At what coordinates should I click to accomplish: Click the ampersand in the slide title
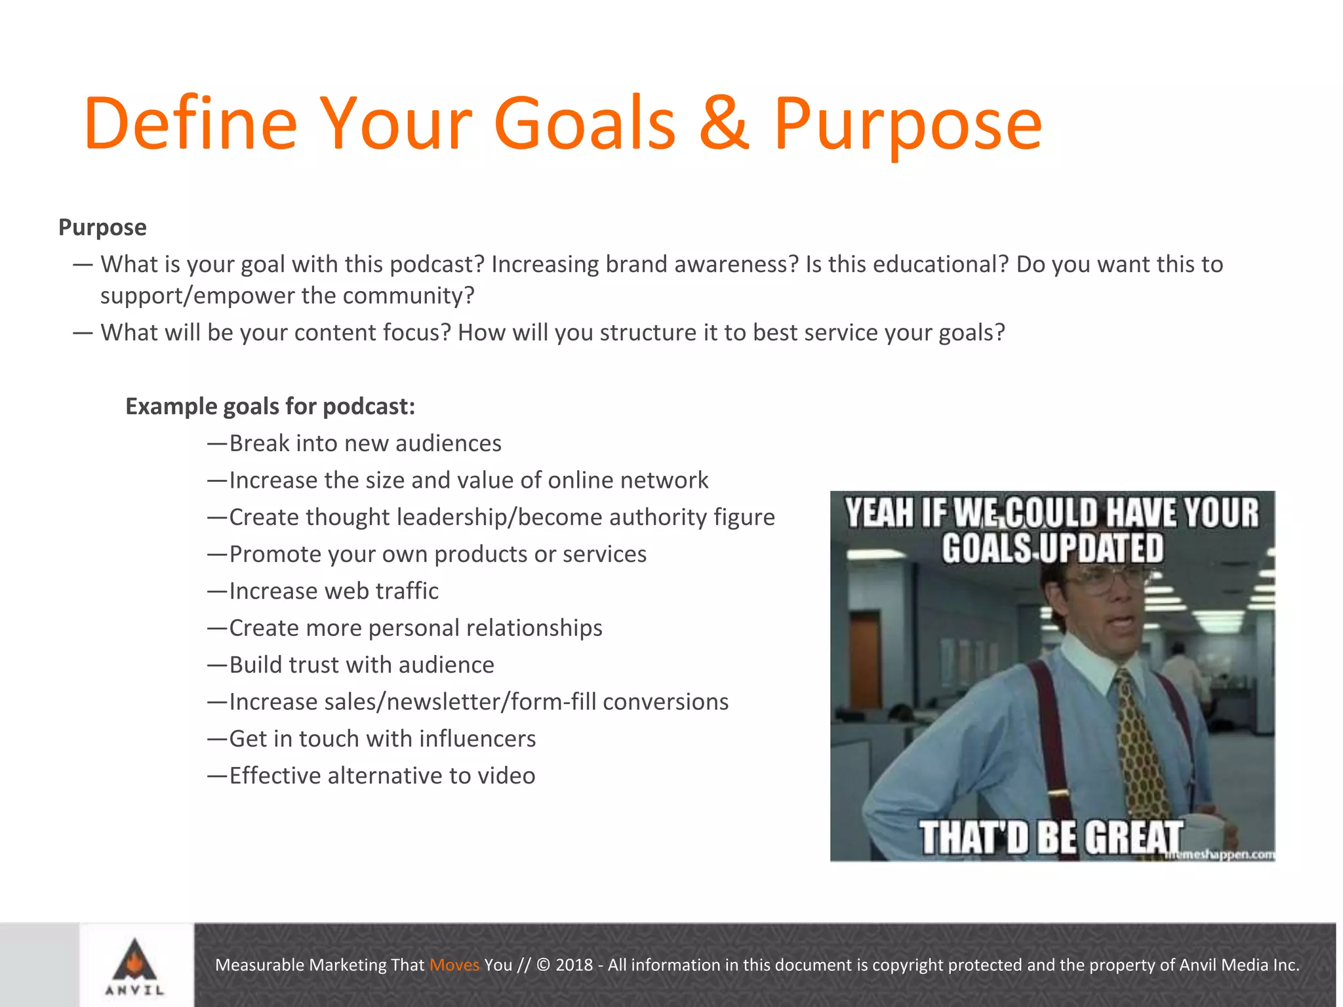(723, 123)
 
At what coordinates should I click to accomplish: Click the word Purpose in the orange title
(908, 125)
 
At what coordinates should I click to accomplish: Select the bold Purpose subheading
(102, 227)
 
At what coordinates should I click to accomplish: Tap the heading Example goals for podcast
(270, 406)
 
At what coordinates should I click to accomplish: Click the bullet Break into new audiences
(365, 444)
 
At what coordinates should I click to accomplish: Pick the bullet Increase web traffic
(333, 591)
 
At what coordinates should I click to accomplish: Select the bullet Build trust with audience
(361, 665)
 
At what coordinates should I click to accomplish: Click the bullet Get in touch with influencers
(382, 739)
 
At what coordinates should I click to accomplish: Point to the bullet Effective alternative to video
(382, 776)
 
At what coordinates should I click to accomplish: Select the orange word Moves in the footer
(454, 965)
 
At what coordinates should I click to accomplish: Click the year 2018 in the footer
(574, 965)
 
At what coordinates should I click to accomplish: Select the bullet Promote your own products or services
(437, 555)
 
